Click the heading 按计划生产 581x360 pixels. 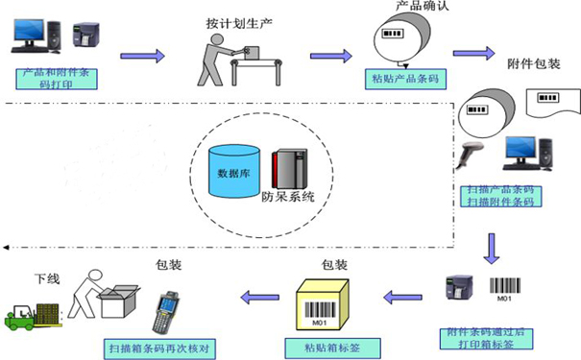pos(234,21)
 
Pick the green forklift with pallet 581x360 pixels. pos(35,314)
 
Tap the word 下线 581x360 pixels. pos(47,279)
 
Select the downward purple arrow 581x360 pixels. pos(493,248)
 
